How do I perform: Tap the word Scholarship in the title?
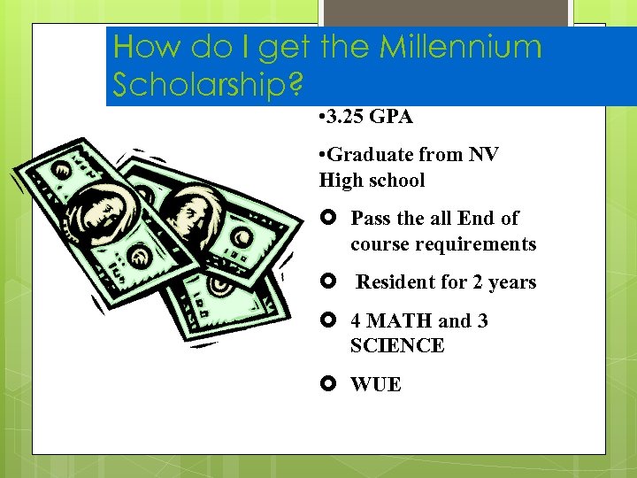click(200, 84)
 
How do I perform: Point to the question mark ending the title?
click(295, 84)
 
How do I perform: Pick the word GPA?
click(392, 117)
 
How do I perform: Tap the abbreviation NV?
click(483, 155)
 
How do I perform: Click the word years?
click(512, 283)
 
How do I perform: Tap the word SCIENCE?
click(397, 346)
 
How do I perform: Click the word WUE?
click(376, 385)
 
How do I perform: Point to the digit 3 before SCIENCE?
click(482, 321)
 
